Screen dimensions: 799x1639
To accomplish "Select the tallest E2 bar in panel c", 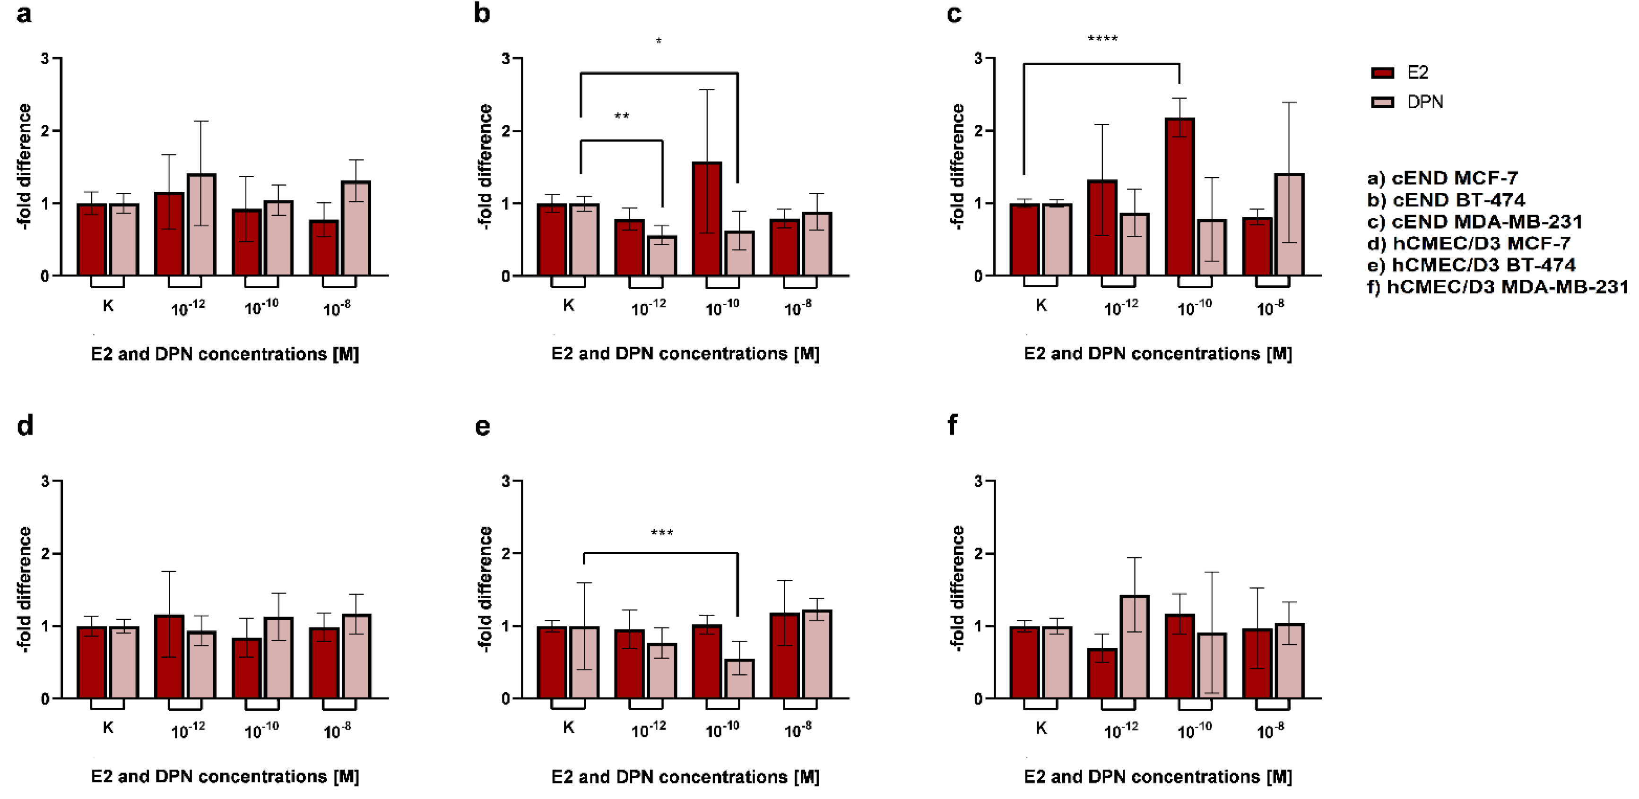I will (x=1179, y=197).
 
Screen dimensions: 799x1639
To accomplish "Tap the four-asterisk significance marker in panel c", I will (x=1102, y=39).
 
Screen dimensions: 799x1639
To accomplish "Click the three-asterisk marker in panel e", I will (x=662, y=533).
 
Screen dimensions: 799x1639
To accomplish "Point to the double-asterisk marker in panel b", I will (x=622, y=116).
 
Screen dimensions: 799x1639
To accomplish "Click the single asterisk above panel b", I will (x=659, y=42).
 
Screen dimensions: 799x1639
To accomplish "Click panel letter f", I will (x=953, y=425).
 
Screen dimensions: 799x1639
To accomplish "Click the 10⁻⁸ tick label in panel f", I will (x=1270, y=730).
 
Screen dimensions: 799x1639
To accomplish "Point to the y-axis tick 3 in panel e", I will (x=506, y=481).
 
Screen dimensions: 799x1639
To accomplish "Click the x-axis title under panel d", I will (x=225, y=776).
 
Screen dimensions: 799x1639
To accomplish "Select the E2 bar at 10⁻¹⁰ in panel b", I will (x=706, y=219).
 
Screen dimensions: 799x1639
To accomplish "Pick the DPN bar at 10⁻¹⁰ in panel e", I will (x=739, y=679).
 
